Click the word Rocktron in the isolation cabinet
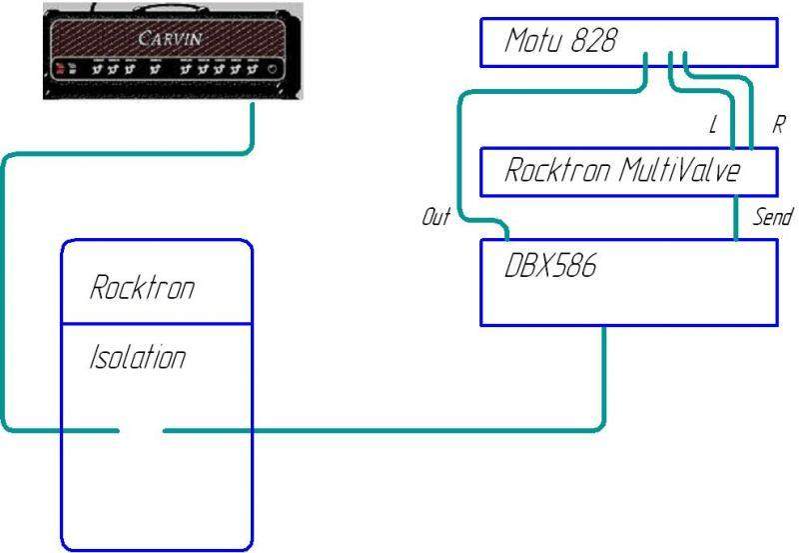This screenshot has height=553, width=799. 142,288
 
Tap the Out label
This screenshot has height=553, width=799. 436,217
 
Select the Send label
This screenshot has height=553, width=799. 771,217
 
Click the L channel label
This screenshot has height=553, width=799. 712,126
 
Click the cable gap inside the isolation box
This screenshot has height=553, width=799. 141,430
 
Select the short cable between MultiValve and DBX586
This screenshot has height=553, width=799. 736,217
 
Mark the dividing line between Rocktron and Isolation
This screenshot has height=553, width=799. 157,323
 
